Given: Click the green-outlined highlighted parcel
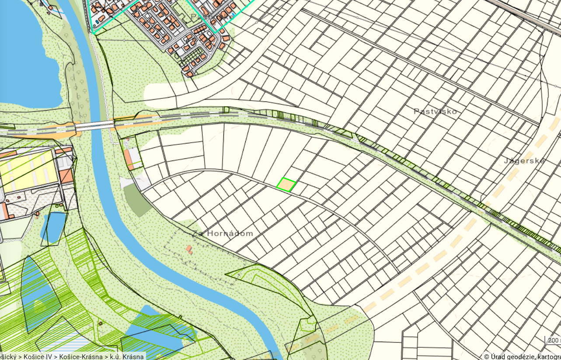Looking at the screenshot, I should tap(286, 185).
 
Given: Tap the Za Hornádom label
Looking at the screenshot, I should tap(223, 234).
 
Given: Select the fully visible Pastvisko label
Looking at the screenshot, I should tap(435, 112).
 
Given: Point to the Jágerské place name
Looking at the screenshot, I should tap(524, 161).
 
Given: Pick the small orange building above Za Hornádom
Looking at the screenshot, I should tap(189, 250).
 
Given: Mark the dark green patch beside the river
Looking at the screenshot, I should tap(137, 201).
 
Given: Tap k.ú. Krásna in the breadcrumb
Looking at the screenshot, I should tap(128, 357).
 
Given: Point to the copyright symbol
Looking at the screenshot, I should tap(486, 357).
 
